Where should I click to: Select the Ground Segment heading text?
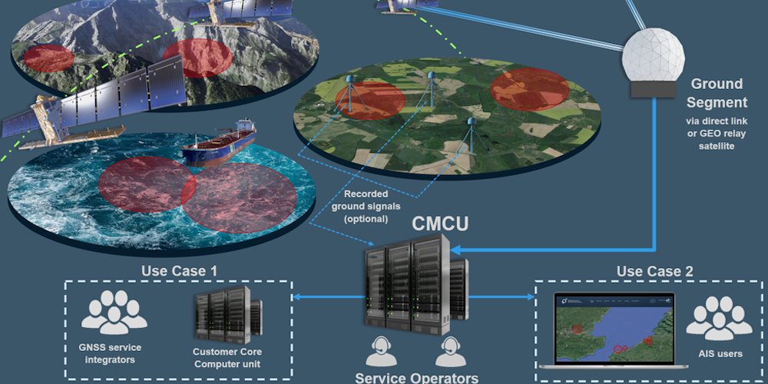tap(718, 93)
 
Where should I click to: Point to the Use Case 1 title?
tap(179, 271)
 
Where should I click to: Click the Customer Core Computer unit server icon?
tap(227, 316)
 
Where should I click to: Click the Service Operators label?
tap(416, 377)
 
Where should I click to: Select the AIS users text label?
tap(719, 353)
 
